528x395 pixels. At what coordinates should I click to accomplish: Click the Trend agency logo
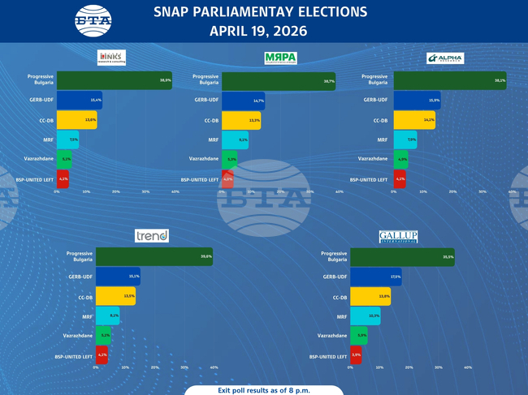pos(151,236)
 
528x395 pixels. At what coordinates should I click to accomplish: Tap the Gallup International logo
pos(398,237)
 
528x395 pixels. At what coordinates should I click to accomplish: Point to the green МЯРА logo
pos(280,58)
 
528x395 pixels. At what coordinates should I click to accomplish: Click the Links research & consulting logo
pos(110,58)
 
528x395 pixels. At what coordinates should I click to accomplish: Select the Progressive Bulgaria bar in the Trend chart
pos(154,256)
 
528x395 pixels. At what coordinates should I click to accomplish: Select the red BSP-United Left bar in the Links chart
pos(63,178)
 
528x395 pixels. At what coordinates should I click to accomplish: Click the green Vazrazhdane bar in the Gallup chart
pos(358,335)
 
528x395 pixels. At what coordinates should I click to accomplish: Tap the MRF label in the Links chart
pos(47,140)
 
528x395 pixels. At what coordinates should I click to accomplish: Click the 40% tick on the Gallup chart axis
pos(468,368)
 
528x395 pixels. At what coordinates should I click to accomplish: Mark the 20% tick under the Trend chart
pos(155,368)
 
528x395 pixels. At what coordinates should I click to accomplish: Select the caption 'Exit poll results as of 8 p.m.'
pos(263,389)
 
